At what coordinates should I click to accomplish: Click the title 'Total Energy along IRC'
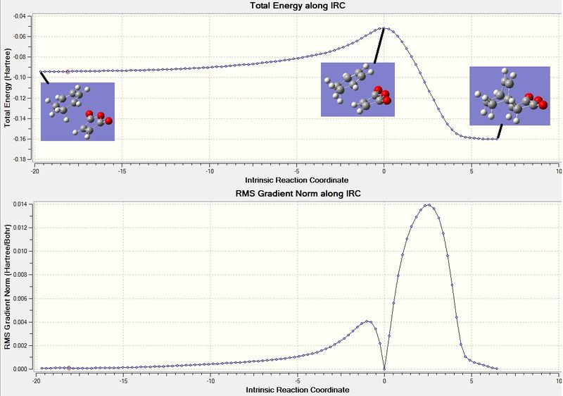click(x=297, y=6)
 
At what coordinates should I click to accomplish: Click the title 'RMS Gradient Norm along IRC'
click(x=297, y=193)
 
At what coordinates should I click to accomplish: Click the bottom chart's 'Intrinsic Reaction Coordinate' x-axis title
click(x=297, y=388)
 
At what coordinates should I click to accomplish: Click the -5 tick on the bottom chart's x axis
click(x=297, y=378)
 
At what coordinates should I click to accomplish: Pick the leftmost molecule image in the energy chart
click(x=77, y=111)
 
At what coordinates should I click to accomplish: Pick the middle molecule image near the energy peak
click(x=358, y=89)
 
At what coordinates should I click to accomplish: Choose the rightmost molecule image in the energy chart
click(x=509, y=96)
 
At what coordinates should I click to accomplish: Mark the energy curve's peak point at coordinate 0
click(x=384, y=28)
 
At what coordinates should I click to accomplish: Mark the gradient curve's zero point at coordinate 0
click(x=384, y=369)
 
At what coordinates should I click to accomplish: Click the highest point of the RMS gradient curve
click(x=427, y=205)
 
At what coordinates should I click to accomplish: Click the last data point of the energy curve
click(x=497, y=139)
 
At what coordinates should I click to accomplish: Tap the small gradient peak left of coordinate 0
click(x=367, y=321)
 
